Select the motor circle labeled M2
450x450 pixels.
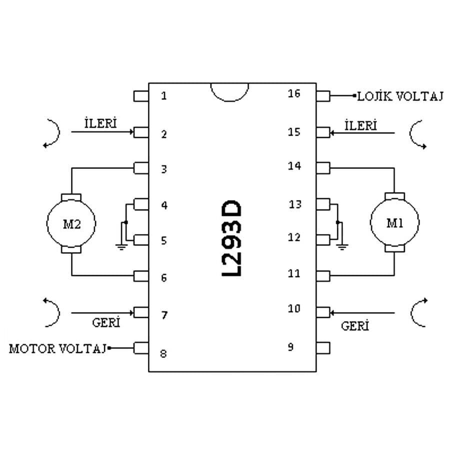(x=70, y=223)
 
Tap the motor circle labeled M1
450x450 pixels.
(x=394, y=222)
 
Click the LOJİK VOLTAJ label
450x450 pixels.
(x=400, y=96)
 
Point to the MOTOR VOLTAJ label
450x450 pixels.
(x=57, y=348)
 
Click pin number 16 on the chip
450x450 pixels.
(x=294, y=93)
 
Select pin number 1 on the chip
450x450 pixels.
(x=164, y=95)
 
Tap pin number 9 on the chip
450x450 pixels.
(x=290, y=347)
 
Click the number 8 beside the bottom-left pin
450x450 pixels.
(x=163, y=354)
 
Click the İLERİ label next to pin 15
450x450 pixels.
(x=360, y=124)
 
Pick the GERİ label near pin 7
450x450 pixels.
(x=106, y=322)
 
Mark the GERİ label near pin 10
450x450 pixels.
(x=355, y=326)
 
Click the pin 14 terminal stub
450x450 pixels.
(x=323, y=167)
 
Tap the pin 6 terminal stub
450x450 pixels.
(x=141, y=276)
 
